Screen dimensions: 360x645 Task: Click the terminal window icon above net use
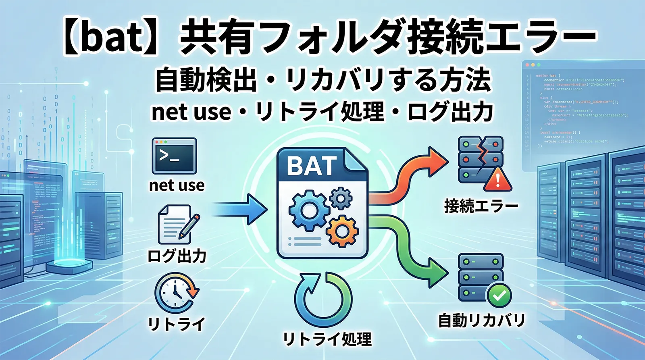(174, 156)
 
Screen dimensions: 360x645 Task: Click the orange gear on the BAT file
(341, 231)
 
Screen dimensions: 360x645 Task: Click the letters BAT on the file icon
(312, 166)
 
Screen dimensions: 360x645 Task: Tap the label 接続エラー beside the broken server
(481, 206)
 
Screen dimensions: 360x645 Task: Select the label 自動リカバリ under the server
(482, 320)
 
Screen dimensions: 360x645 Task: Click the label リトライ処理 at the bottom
(327, 339)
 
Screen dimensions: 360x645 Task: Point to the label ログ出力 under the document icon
(177, 256)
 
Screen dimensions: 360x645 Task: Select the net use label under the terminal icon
(177, 185)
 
